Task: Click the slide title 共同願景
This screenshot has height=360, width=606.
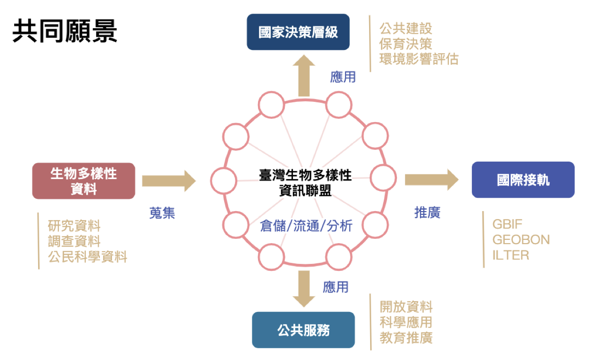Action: (65, 32)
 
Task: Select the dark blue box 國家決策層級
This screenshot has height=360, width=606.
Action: (298, 32)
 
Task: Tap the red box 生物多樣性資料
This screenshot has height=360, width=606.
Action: (83, 181)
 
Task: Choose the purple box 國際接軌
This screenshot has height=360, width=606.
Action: (523, 180)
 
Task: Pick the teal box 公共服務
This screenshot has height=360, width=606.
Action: (303, 330)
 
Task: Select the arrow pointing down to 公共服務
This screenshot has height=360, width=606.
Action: (303, 288)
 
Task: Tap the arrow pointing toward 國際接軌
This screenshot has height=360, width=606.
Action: (431, 180)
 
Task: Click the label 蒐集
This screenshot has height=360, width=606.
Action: (162, 213)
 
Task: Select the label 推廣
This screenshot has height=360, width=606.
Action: (427, 213)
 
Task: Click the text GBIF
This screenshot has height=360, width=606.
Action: (508, 224)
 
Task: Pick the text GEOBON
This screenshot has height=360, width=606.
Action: (521, 239)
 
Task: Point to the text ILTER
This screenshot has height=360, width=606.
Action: (510, 255)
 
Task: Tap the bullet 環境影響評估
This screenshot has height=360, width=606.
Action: (419, 59)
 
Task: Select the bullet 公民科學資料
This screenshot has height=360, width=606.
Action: (88, 257)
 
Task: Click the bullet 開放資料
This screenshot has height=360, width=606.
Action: (406, 307)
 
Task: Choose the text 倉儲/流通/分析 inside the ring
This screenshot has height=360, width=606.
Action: (306, 226)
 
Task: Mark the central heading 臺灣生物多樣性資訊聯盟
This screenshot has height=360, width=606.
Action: (305, 182)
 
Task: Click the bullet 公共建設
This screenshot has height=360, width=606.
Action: (405, 28)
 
